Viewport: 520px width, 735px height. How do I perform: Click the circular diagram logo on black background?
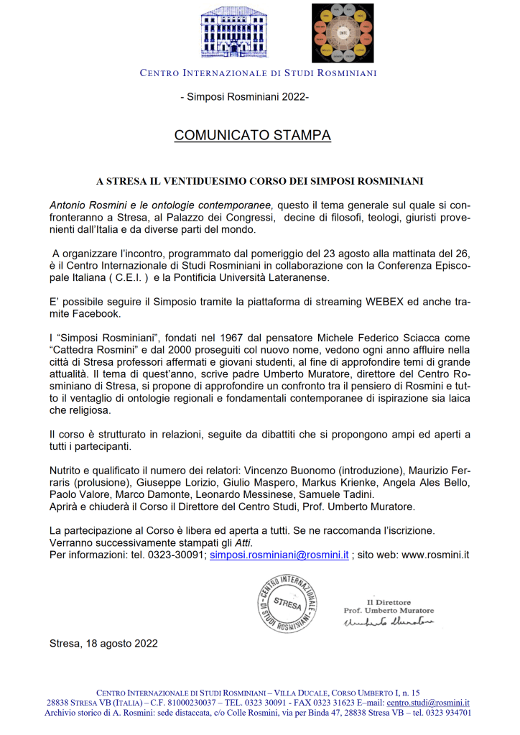343,33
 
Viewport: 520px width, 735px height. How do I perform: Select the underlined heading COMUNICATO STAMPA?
252,135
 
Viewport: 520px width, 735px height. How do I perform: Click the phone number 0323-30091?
178,555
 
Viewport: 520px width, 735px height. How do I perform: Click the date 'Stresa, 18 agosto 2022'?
103,643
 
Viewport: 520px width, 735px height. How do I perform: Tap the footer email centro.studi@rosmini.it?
428,702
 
